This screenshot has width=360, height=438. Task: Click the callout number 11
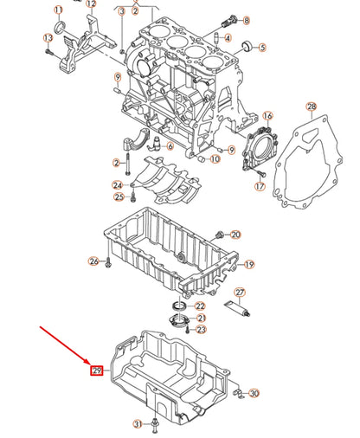(58, 11)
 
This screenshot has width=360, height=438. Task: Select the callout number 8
(245, 21)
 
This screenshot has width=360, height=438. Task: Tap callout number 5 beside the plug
(262, 46)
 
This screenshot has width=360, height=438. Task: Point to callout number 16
(268, 116)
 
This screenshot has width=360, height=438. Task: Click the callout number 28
(312, 106)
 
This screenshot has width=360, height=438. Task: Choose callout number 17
(259, 186)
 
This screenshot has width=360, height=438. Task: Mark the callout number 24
(117, 185)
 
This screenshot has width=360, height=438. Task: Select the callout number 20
(235, 235)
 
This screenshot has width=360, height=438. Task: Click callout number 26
(93, 261)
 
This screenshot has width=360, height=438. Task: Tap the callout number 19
(249, 265)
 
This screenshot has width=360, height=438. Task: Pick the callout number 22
(201, 306)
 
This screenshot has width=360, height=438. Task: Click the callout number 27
(241, 292)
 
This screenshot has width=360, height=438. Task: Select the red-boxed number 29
(98, 371)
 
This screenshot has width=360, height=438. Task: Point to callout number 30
(254, 394)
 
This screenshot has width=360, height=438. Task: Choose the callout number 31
(136, 423)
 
